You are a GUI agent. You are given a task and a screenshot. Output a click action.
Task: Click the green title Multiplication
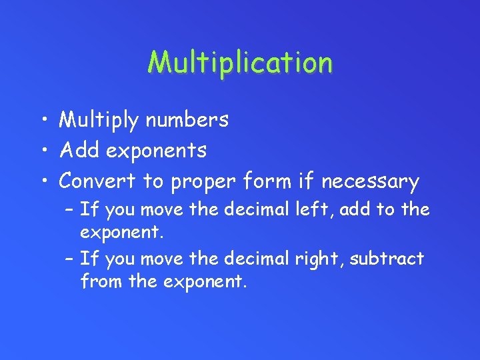click(x=240, y=63)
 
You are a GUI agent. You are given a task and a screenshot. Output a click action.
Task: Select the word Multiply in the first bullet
click(x=99, y=120)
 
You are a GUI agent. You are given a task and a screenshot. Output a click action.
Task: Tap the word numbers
click(x=187, y=120)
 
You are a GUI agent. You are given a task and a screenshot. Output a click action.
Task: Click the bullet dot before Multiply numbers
click(x=42, y=121)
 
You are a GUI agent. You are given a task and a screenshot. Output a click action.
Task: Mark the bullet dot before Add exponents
click(x=42, y=151)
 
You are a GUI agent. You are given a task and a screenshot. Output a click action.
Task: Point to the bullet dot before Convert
click(x=42, y=182)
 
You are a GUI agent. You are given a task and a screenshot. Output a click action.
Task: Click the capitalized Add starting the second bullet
click(x=79, y=151)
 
